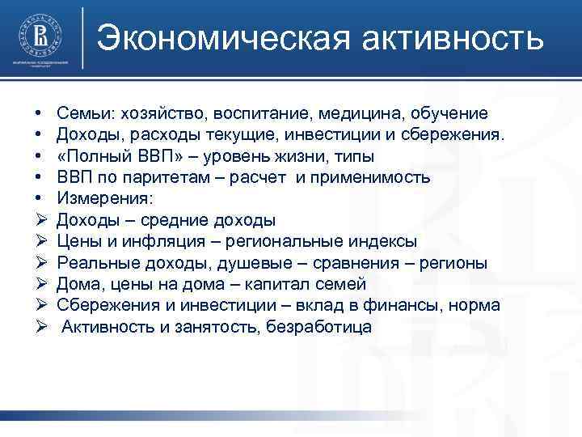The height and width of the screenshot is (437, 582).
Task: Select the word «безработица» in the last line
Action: click(320, 327)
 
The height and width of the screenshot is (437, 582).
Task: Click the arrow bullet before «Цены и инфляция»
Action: click(40, 241)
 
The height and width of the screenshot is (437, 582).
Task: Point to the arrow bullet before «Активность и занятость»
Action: click(40, 327)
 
